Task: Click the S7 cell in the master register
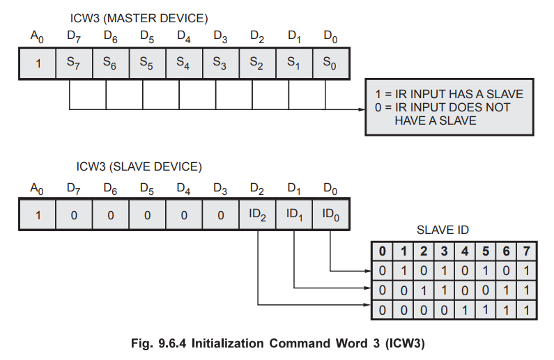pyautogui.click(x=73, y=63)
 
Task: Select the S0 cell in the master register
pyautogui.click(x=331, y=63)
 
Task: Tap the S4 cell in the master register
pyautogui.click(x=183, y=63)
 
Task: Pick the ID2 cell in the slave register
pyautogui.click(x=257, y=215)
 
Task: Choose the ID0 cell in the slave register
pyautogui.click(x=331, y=215)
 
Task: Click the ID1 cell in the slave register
pyautogui.click(x=294, y=215)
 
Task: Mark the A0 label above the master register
pyautogui.click(x=36, y=36)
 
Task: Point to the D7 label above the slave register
pyautogui.click(x=73, y=188)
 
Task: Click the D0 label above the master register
pyautogui.click(x=331, y=36)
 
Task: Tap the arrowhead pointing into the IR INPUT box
pyautogui.click(x=361, y=109)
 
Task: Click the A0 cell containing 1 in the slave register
pyautogui.click(x=38, y=215)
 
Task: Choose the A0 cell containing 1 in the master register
pyautogui.click(x=38, y=63)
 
